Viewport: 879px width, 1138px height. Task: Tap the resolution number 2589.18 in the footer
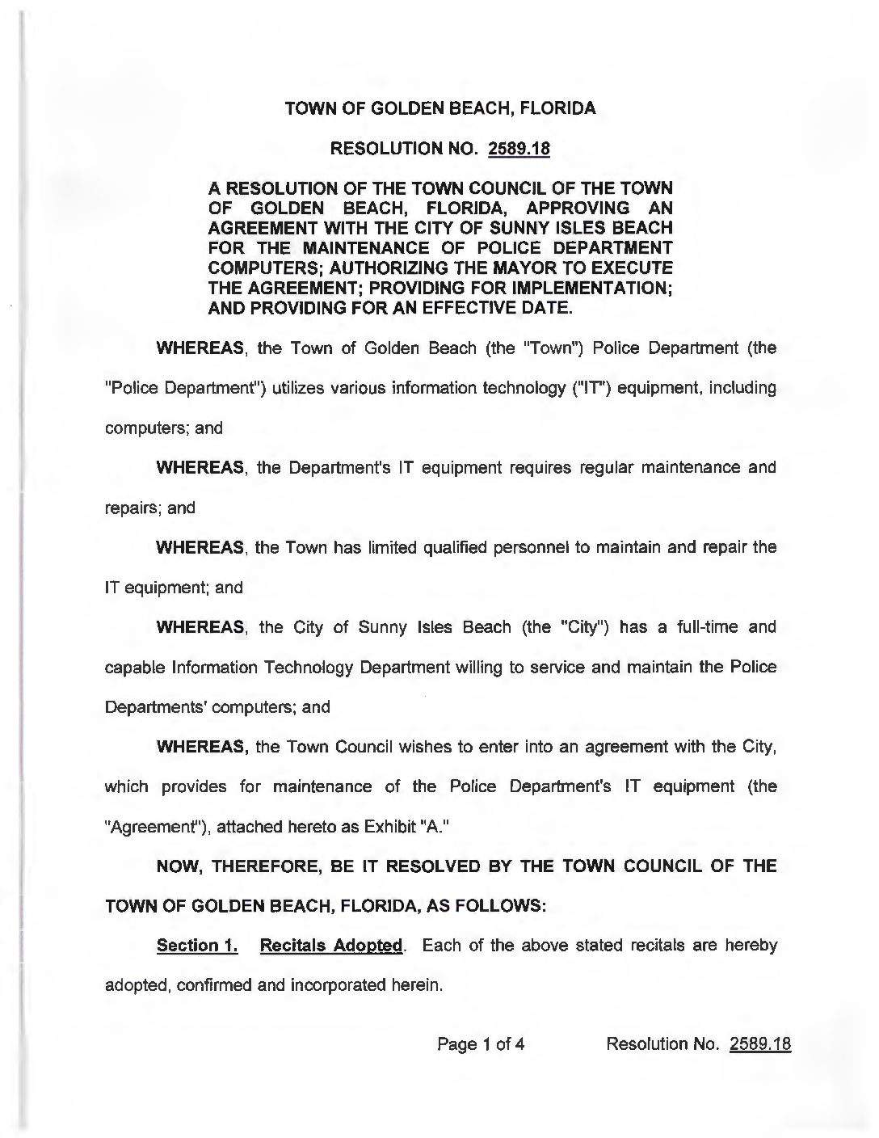[759, 1043]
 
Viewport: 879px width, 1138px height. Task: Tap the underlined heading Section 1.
[197, 946]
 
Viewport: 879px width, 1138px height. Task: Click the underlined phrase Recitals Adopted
[330, 946]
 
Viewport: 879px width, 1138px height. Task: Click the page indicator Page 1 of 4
[481, 1043]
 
